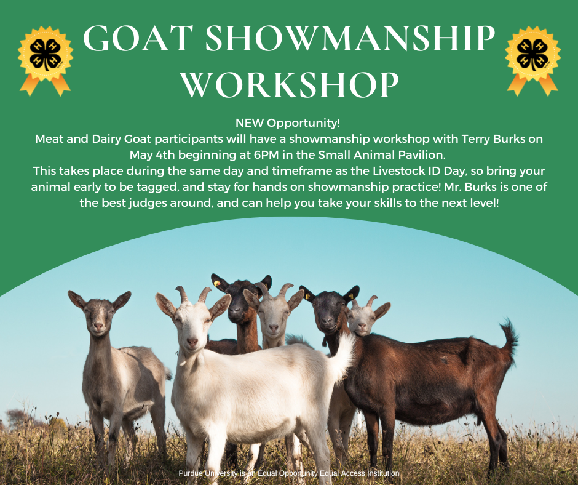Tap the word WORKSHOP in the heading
pos(289,84)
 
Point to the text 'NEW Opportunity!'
pos(288,123)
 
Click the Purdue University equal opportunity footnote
pos(289,473)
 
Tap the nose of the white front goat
pos(192,342)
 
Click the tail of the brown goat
pos(509,338)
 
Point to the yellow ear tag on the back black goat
pos(216,284)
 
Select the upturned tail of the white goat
pos(341,355)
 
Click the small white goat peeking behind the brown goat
pos(365,316)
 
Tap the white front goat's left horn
pos(182,294)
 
